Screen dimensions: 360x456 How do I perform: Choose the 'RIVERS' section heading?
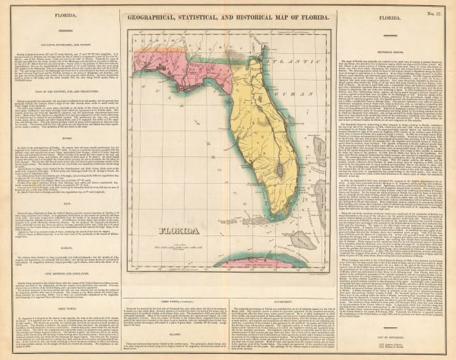[62, 137]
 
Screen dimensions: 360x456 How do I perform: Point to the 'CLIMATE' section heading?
[62, 238]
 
